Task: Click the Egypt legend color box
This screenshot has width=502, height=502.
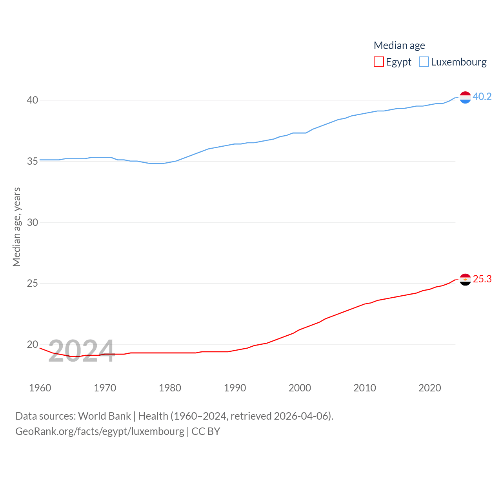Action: click(378, 62)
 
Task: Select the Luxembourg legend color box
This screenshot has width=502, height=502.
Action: click(424, 62)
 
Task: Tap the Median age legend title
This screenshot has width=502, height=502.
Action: click(399, 45)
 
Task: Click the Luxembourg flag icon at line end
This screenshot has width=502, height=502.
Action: click(465, 97)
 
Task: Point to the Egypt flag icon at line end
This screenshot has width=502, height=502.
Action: click(465, 280)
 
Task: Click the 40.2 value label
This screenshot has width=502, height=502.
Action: click(482, 96)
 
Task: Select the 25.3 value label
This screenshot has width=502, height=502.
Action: click(482, 279)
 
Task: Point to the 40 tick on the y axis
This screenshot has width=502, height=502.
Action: click(33, 100)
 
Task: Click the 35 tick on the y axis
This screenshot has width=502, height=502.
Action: click(33, 161)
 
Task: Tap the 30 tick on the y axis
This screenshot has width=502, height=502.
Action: click(33, 222)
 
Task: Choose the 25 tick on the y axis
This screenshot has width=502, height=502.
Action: click(33, 283)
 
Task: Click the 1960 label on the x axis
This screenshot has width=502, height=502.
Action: click(40, 388)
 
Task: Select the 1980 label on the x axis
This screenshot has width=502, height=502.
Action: click(170, 388)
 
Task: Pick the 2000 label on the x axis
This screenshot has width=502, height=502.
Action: click(300, 388)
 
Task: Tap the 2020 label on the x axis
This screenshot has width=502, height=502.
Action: click(429, 388)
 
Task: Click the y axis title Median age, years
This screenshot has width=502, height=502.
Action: click(16, 227)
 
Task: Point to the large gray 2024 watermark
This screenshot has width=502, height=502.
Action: click(81, 350)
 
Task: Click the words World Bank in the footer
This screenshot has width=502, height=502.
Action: click(104, 416)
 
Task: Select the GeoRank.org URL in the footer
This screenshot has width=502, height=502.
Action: click(100, 431)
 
